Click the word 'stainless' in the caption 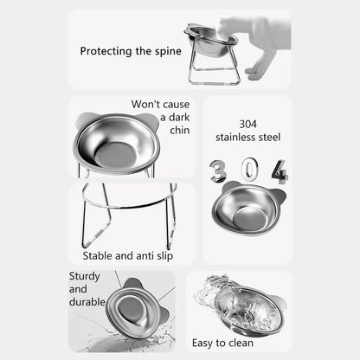click(x=235, y=136)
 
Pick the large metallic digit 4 click(x=278, y=171)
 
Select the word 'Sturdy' click(x=85, y=276)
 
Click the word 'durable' click(x=89, y=302)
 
